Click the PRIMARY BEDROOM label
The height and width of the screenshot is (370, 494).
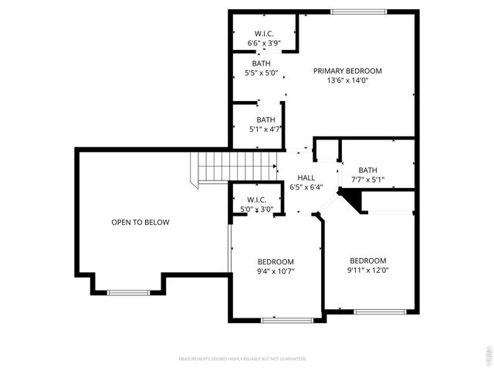click(x=347, y=71)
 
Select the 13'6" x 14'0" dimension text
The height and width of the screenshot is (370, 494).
click(x=347, y=80)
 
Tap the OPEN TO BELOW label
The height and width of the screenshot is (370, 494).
click(x=140, y=222)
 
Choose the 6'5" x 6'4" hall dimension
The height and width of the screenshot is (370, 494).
click(x=306, y=187)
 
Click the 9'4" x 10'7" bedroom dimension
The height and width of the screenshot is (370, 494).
click(x=276, y=271)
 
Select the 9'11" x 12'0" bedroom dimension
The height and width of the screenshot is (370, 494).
click(x=367, y=271)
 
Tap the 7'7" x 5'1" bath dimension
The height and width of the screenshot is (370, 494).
click(x=367, y=180)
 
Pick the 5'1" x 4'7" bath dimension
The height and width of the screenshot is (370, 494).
click(x=266, y=129)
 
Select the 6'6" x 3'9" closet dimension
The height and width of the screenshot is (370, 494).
click(x=266, y=43)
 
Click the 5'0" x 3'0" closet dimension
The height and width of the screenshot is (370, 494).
click(x=257, y=208)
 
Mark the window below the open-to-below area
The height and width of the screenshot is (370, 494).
click(x=128, y=292)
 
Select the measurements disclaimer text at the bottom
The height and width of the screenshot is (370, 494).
click(x=242, y=358)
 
